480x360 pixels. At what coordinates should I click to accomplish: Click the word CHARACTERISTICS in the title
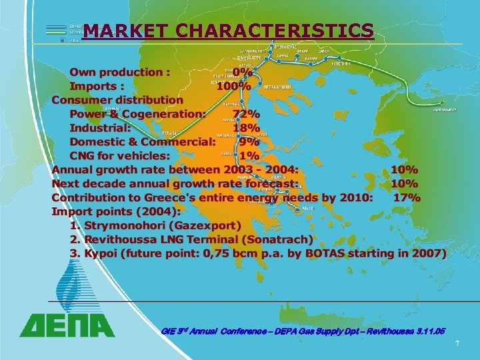[275, 31]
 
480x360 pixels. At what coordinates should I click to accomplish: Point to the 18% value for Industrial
[247, 128]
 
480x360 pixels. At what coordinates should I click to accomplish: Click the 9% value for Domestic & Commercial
[249, 142]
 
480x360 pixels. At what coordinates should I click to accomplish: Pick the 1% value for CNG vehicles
[249, 156]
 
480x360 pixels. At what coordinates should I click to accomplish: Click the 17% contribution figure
[407, 197]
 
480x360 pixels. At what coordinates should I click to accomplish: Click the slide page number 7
[457, 343]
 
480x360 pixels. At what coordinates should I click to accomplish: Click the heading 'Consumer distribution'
[117, 100]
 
